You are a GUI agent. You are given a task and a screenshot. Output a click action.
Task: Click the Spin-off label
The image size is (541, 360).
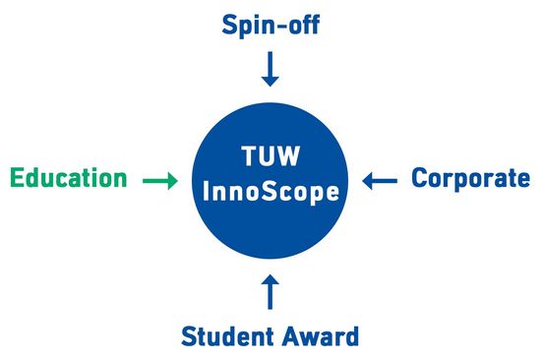270,24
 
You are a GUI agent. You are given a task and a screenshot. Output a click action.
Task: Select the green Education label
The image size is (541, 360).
69,179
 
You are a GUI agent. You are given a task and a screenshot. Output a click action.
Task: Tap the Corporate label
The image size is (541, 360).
470,179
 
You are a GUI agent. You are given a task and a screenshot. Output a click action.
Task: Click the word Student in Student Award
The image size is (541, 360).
229,336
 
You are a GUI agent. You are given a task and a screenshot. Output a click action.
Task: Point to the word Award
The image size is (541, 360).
321,336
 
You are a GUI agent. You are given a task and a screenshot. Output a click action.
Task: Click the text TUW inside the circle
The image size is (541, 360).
270,157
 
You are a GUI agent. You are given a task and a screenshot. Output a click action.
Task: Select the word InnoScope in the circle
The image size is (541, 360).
270,192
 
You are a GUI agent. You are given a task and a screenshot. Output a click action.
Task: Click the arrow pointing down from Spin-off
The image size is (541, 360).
270,69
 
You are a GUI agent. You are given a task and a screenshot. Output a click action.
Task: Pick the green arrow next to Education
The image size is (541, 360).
159,180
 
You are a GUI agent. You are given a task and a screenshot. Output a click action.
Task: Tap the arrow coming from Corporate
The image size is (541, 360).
380,180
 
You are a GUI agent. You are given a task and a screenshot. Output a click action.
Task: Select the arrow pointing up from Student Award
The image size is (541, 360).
270,291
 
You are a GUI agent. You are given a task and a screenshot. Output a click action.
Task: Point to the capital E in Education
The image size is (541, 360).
17,179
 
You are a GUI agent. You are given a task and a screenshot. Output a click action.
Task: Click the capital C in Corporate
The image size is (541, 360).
420,179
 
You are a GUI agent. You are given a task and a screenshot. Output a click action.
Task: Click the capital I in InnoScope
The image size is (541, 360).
207,192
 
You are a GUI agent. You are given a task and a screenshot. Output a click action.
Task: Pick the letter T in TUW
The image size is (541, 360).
249,157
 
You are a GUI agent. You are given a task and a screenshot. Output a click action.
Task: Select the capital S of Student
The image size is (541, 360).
190,336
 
